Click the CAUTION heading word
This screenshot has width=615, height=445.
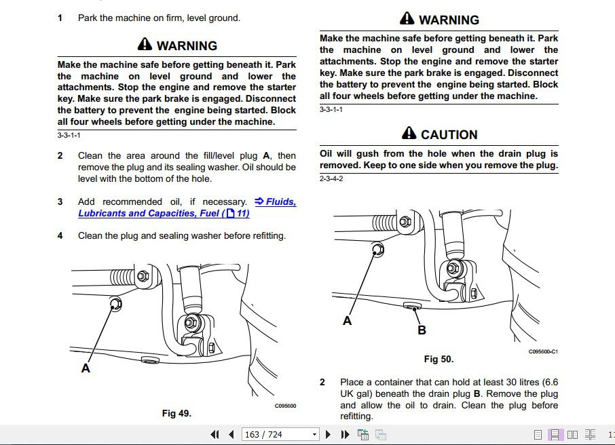(x=449, y=134)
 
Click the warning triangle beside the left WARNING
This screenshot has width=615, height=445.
(x=145, y=45)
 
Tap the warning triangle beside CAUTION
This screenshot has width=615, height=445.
(x=409, y=134)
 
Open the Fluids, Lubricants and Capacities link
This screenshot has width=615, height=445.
(x=187, y=208)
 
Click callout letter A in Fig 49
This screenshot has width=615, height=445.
(x=86, y=368)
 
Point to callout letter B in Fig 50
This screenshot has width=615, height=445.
(x=422, y=330)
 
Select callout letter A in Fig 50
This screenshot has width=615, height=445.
(x=347, y=321)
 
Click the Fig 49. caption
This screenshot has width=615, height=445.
(x=176, y=413)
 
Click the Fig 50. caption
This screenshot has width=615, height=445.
(x=439, y=359)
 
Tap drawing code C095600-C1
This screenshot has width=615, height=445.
(x=542, y=351)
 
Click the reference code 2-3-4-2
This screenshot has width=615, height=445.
(x=331, y=178)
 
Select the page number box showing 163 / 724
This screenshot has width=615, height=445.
(x=280, y=434)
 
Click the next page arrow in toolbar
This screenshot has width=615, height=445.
(x=329, y=434)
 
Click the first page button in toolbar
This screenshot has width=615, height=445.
(x=215, y=434)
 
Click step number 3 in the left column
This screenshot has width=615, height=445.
(x=60, y=201)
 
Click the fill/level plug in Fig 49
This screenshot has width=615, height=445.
(x=115, y=304)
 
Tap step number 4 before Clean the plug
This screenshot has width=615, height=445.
(x=60, y=235)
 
